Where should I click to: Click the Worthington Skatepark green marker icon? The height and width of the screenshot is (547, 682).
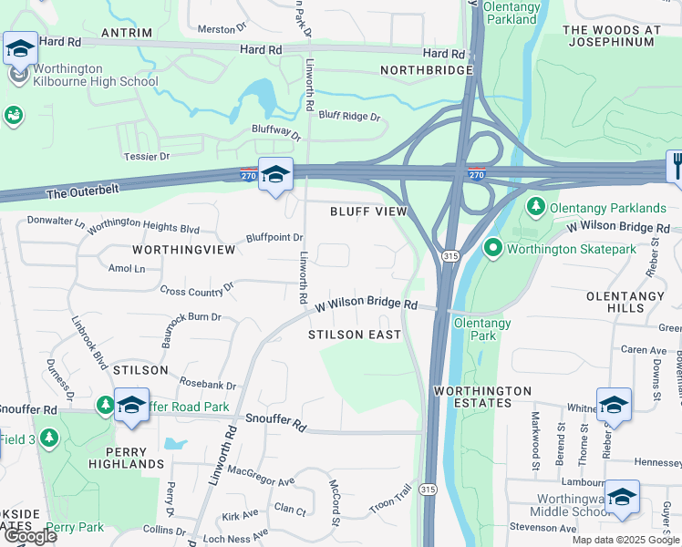pos(493,247)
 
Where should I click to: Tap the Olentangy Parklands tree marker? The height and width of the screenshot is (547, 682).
pos(537,207)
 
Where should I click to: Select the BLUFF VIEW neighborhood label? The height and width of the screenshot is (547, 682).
pos(367,212)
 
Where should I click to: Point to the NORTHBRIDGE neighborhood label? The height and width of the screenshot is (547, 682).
pos(427,70)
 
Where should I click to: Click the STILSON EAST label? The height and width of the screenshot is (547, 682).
pos(355,335)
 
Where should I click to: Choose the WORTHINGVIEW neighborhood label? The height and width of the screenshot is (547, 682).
pos(177,248)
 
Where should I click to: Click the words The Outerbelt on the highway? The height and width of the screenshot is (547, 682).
pos(83,192)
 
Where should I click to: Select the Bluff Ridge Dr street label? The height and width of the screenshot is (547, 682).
pos(349,117)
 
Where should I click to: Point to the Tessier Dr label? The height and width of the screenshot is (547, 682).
pos(139,157)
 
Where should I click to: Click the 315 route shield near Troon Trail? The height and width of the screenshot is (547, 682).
pos(427,490)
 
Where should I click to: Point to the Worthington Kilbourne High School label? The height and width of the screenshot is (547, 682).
pos(95,74)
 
